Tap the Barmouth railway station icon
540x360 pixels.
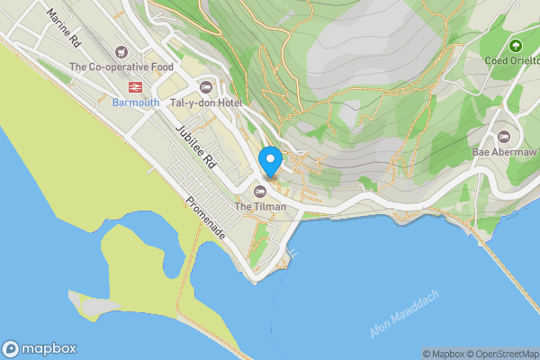click(136, 87)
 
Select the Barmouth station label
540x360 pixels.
click(136, 103)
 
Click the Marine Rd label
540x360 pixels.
click(64, 30)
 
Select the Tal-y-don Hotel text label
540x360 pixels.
click(206, 103)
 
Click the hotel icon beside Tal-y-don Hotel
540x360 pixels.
click(206, 87)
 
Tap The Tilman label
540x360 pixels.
click(260, 207)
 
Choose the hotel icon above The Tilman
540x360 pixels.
click(260, 191)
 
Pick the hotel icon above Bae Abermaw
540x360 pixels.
click(503, 137)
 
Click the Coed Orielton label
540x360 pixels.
click(511, 61)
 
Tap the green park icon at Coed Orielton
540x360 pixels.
click(516, 46)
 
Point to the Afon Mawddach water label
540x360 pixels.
click(404, 315)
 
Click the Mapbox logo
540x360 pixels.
click(40, 348)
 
